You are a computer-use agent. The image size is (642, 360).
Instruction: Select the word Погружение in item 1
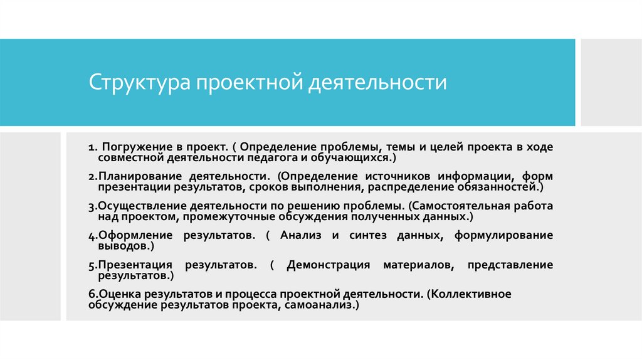[x=131, y=146]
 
